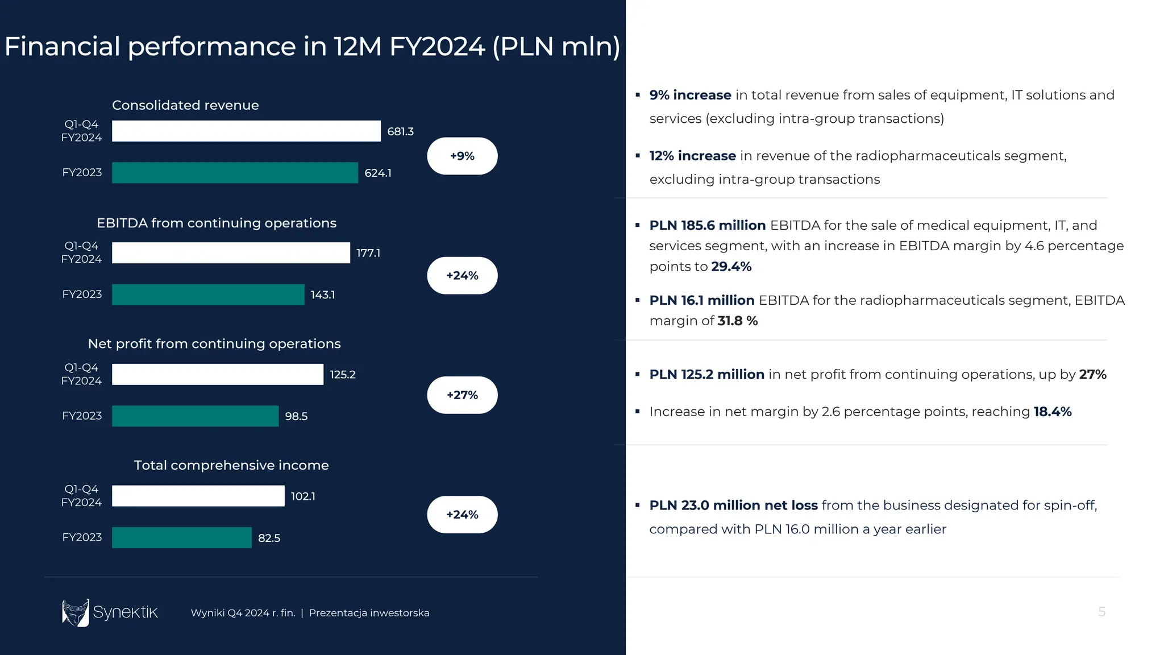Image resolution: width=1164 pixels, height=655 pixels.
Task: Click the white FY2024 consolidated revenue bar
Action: (246, 131)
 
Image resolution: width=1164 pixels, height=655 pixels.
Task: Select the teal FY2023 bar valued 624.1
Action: (235, 173)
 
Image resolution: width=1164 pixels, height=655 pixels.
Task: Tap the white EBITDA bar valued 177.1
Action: (231, 253)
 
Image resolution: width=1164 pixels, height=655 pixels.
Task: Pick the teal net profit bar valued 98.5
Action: (195, 416)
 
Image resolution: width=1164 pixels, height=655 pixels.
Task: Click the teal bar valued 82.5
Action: (181, 538)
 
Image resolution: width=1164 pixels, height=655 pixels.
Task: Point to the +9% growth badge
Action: (462, 156)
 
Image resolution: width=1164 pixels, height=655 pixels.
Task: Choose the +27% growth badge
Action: (462, 395)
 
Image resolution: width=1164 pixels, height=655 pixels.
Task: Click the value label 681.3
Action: (400, 131)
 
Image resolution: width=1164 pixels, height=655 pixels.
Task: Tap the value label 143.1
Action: (322, 295)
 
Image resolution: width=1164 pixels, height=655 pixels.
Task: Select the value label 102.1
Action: (303, 496)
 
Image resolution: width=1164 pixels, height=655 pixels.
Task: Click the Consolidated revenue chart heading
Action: (185, 105)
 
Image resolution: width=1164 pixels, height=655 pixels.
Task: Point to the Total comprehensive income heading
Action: (231, 465)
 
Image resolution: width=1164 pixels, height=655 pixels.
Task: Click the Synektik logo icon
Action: (76, 613)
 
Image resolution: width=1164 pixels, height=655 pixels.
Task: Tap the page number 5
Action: (1101, 612)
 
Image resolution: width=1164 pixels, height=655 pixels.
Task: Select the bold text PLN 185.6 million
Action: (708, 225)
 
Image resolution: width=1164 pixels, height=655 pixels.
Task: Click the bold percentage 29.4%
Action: (731, 267)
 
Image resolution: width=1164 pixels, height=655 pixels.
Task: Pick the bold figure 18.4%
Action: (1053, 412)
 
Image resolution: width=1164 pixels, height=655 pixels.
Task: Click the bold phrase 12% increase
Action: (692, 156)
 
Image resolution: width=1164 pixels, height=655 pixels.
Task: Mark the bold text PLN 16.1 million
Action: (702, 300)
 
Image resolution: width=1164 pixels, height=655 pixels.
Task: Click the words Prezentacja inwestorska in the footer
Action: (369, 613)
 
